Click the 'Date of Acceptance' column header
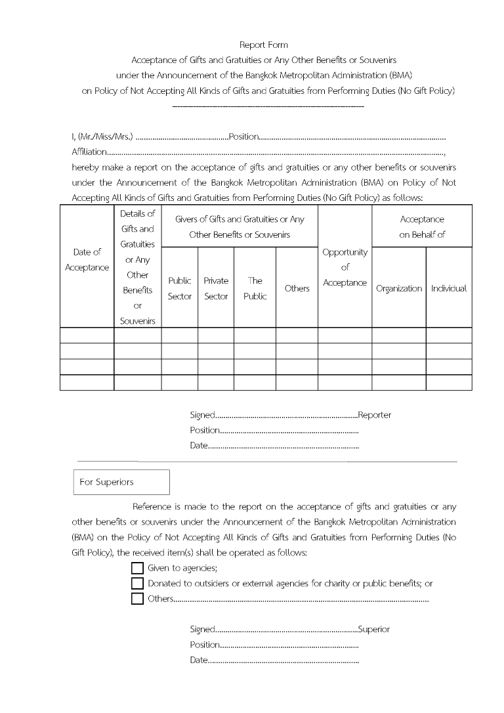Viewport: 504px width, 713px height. click(x=87, y=259)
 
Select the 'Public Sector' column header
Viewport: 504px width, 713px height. click(x=180, y=288)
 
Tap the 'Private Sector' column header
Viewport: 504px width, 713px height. click(x=216, y=288)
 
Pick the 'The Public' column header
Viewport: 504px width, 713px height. click(x=255, y=288)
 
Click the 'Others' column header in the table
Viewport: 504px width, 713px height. click(x=297, y=288)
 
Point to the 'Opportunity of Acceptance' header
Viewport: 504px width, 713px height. click(x=345, y=267)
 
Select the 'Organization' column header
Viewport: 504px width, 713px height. click(x=399, y=288)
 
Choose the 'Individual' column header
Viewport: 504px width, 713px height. click(x=449, y=288)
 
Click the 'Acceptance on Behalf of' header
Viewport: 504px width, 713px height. click(x=422, y=227)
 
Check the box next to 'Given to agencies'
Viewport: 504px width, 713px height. click(x=137, y=568)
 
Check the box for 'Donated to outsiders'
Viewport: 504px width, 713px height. click(x=137, y=583)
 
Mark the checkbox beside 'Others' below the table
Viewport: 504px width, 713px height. click(x=137, y=598)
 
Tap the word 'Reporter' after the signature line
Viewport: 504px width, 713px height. click(x=375, y=415)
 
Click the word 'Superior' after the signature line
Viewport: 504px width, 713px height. click(x=374, y=629)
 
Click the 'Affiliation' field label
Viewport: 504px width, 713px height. click(x=89, y=152)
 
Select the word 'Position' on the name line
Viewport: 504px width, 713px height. click(x=243, y=137)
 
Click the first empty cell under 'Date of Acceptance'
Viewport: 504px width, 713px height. click(x=87, y=335)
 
